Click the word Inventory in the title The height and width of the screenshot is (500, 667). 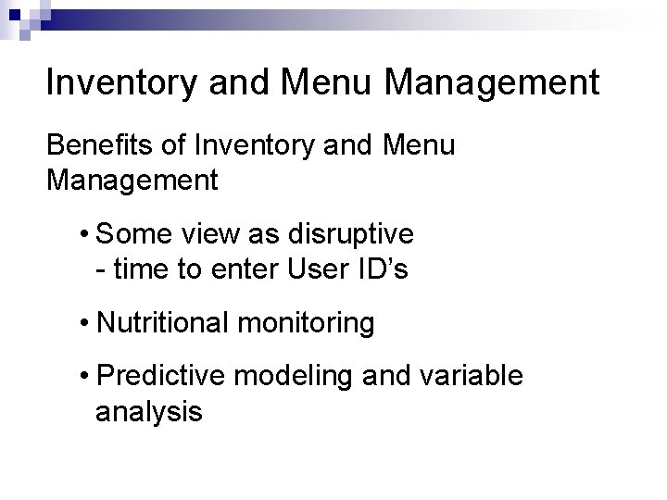point(120,82)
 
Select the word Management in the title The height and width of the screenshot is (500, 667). point(492,82)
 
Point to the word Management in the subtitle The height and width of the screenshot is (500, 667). point(132,180)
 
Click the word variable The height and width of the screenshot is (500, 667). point(472,377)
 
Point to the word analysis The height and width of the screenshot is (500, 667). point(148,412)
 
